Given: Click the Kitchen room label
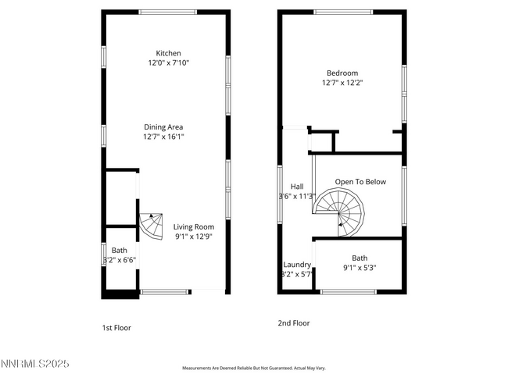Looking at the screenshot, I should pyautogui.click(x=168, y=53).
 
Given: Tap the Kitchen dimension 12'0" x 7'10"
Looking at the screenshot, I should pyautogui.click(x=168, y=62).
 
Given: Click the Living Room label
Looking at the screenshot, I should pyautogui.click(x=193, y=226).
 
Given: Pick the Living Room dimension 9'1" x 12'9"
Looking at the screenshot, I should pyautogui.click(x=193, y=236).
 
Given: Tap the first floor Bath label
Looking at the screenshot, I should pyautogui.click(x=119, y=251).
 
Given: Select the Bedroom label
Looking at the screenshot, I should pyautogui.click(x=342, y=72).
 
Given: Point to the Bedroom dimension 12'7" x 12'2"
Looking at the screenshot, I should pyautogui.click(x=342, y=82).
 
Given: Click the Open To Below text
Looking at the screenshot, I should pyautogui.click(x=360, y=182).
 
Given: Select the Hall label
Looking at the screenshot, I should pyautogui.click(x=297, y=187).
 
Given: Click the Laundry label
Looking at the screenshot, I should pyautogui.click(x=297, y=265).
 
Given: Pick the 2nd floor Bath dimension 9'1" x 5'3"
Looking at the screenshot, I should pyautogui.click(x=360, y=268).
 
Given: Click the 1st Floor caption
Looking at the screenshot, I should pyautogui.click(x=116, y=328).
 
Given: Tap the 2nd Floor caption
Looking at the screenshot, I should pyautogui.click(x=294, y=322).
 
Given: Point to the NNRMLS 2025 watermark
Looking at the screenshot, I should pyautogui.click(x=34, y=364).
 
